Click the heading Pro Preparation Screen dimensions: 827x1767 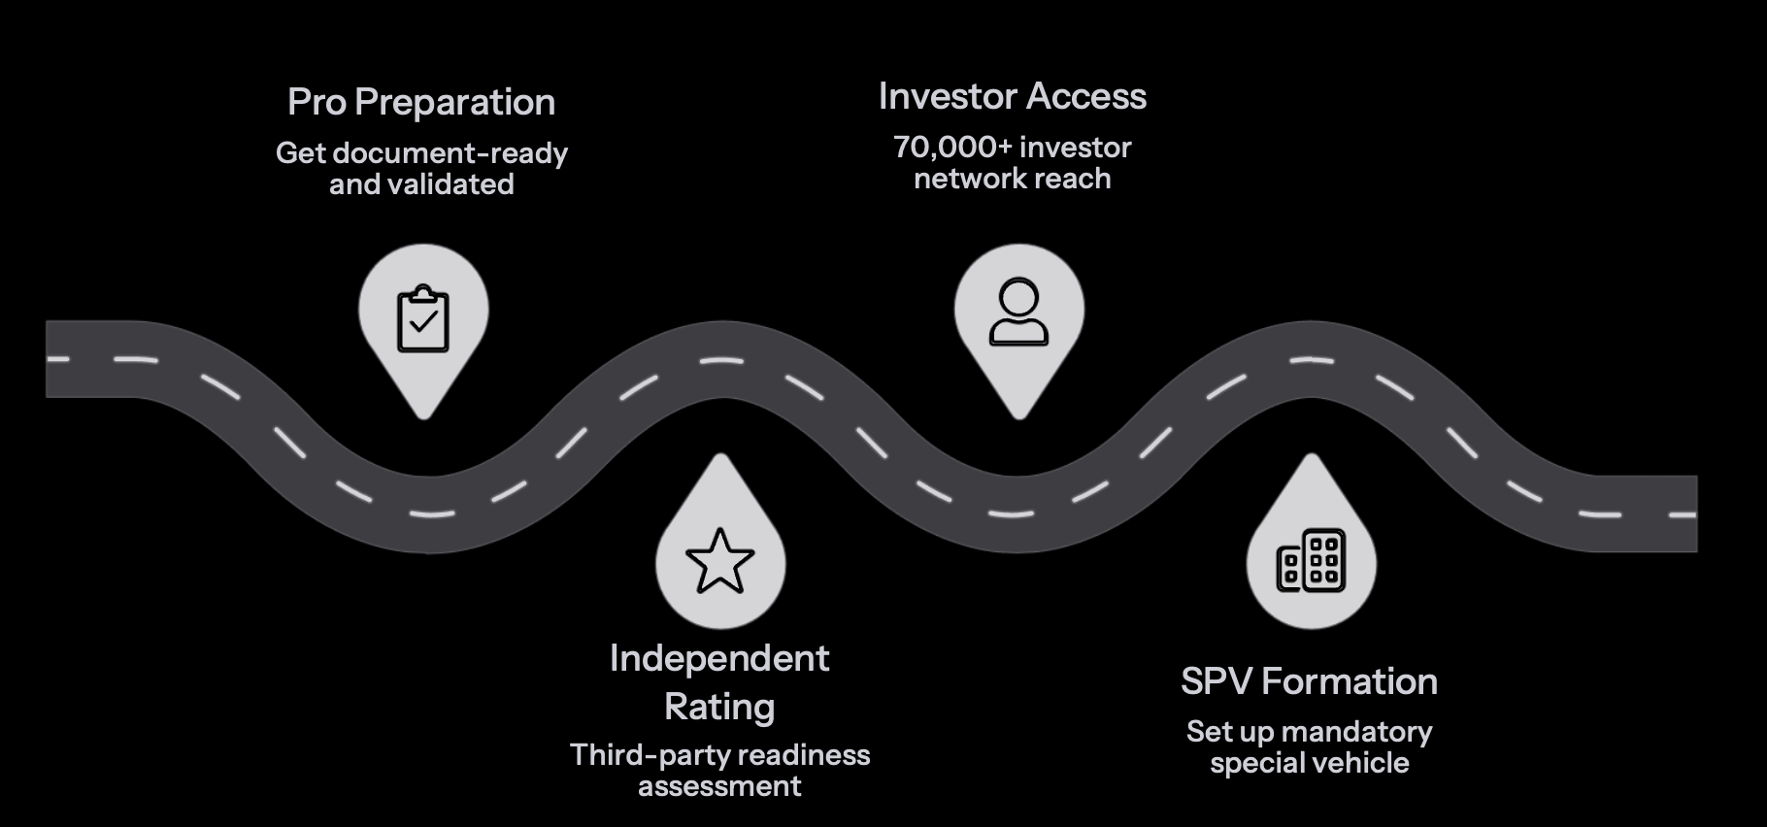click(421, 102)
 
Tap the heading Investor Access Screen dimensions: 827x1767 click(1012, 96)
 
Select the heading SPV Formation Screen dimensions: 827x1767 click(1309, 681)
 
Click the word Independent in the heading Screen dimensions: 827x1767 click(719, 658)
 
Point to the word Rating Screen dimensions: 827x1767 click(719, 707)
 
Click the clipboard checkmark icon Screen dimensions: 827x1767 click(423, 318)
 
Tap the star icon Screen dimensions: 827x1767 click(719, 561)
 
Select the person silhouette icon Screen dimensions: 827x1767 click(1018, 313)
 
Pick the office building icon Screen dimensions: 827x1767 click(1311, 561)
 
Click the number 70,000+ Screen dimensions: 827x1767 click(951, 148)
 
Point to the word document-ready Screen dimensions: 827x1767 click(450, 153)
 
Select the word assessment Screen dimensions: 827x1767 click(719, 786)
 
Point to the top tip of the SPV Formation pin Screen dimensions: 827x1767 click(1311, 455)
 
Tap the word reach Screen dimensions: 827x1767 click(1072, 179)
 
